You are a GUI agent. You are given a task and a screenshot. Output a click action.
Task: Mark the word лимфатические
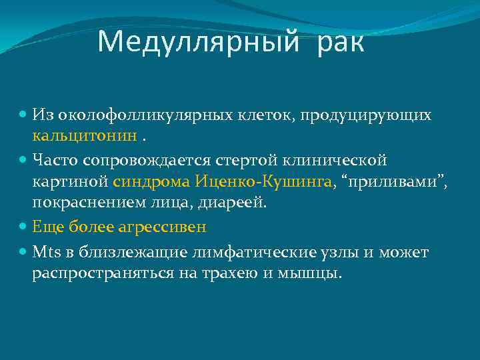[x=245, y=253]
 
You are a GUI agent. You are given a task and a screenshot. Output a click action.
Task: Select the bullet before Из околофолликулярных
[x=24, y=116]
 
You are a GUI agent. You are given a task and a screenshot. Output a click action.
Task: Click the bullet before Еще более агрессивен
[x=24, y=227]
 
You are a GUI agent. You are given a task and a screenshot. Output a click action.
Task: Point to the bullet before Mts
[x=24, y=253]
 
